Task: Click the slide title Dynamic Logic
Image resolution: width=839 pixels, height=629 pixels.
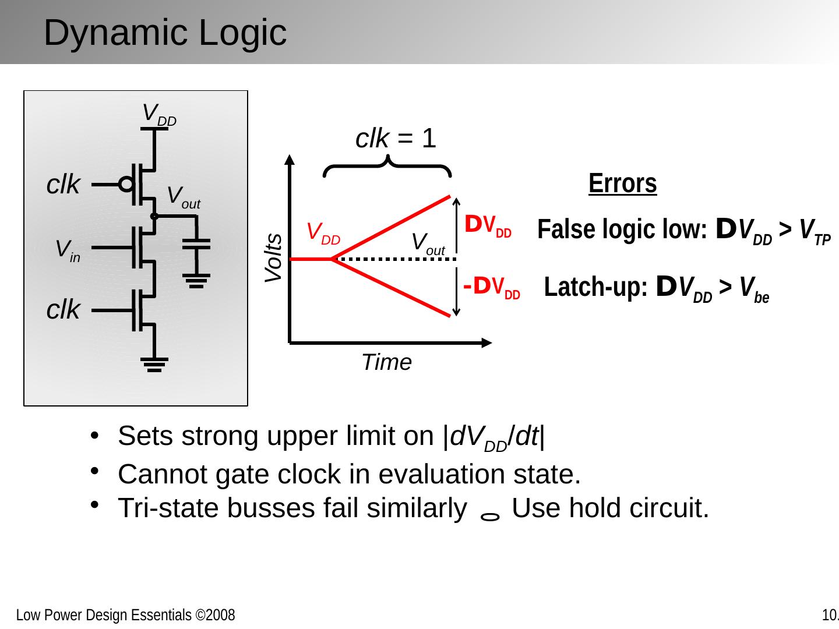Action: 165,33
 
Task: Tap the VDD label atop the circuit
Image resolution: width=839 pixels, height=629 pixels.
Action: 158,114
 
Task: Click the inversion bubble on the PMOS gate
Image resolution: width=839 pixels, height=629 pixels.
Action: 126,185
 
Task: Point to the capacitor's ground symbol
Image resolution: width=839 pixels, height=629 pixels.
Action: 197,282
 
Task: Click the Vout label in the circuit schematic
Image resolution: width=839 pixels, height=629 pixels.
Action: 183,197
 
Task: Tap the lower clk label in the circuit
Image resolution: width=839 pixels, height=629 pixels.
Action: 63,310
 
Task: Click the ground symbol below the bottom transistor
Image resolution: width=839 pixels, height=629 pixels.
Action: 154,365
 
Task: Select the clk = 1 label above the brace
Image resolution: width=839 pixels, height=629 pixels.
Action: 396,139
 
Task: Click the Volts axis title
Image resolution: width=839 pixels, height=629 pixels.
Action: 273,258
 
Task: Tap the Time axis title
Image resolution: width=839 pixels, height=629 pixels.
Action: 386,362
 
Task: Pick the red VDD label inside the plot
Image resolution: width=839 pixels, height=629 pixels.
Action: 323,233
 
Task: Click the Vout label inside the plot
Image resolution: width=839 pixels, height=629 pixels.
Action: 428,243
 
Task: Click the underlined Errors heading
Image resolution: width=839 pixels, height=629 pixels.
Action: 622,183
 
